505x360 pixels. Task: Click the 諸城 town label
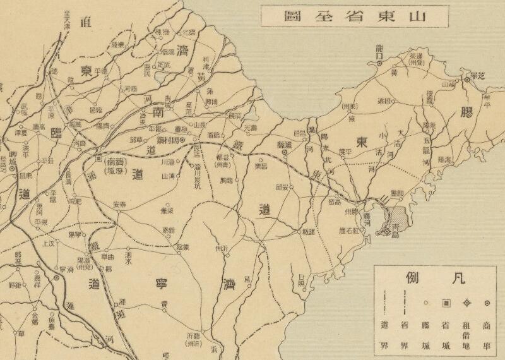307,232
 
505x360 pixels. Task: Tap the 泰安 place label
120,204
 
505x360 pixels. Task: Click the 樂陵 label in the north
118,44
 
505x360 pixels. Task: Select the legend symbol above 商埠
487,303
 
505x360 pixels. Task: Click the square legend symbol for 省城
446,303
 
